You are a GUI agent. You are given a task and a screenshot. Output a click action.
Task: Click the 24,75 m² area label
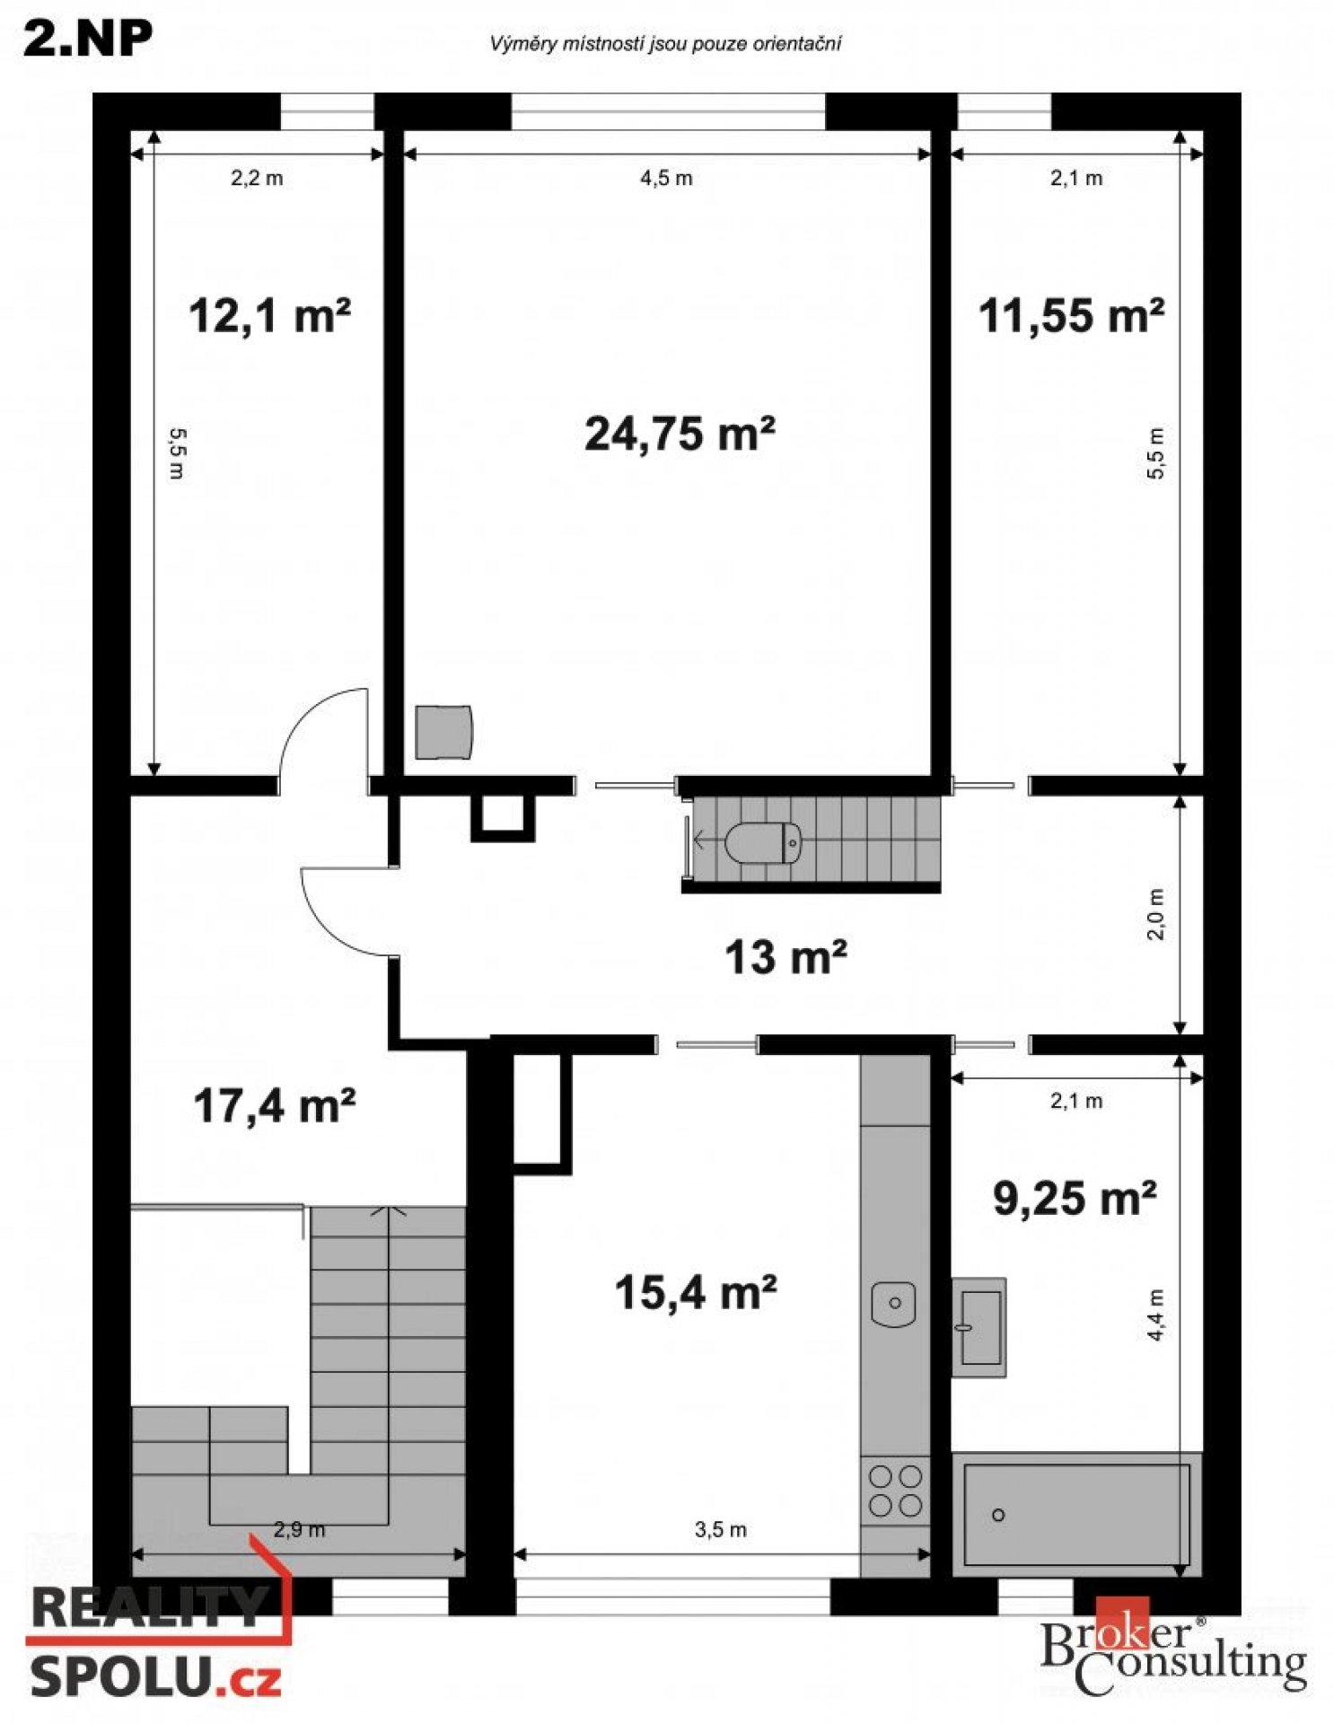tap(680, 434)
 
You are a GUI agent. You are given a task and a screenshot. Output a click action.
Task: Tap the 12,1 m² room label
tap(269, 316)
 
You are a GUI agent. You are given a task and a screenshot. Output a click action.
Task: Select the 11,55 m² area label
tap(1071, 316)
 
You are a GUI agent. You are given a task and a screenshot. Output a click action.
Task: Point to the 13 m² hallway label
tap(785, 957)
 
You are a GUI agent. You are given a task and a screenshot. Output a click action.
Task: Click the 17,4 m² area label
tap(275, 1105)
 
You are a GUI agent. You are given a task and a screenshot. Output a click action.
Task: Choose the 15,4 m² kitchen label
tap(696, 1293)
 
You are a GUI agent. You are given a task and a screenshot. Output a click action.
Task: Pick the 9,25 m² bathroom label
tap(1075, 1198)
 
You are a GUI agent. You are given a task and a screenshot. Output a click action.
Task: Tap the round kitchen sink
tap(893, 1303)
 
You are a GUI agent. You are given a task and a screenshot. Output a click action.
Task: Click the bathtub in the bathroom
tap(1076, 1514)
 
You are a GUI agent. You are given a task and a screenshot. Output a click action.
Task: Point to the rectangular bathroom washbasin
tap(979, 1327)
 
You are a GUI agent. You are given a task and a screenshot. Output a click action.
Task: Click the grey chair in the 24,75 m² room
tap(443, 732)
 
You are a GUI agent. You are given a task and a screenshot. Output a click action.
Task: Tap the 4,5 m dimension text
tap(666, 178)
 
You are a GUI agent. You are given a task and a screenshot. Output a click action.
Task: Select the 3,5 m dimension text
tap(720, 1529)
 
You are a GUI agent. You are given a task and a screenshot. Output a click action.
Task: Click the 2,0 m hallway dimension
tap(1155, 914)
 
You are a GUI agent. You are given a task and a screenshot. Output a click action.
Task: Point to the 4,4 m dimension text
tap(1155, 1315)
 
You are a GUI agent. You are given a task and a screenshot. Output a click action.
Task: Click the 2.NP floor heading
tap(88, 39)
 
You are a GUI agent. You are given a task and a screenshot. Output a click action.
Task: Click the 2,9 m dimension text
tap(299, 1529)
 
